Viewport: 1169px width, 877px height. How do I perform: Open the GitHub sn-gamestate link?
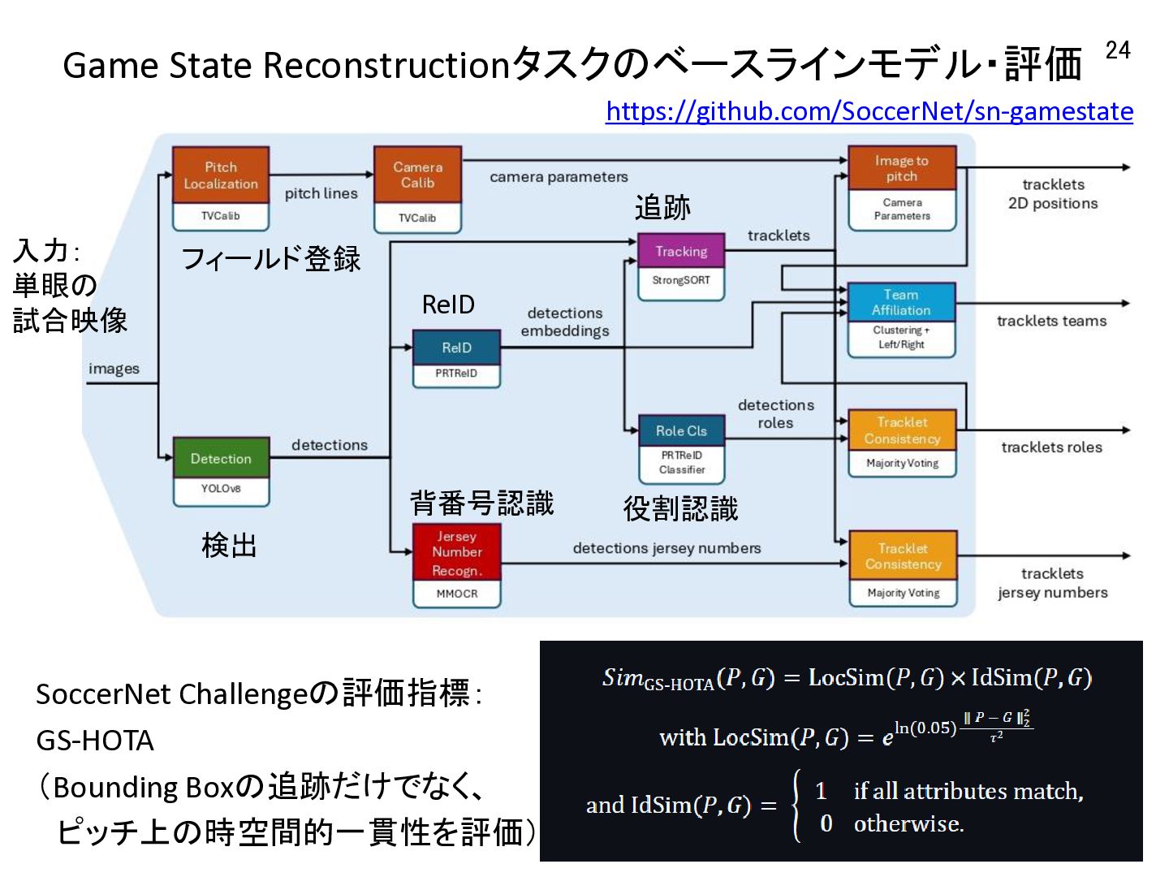tap(869, 111)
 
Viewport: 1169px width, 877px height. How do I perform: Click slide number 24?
tap(1118, 50)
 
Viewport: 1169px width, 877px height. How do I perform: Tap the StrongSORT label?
tap(681, 280)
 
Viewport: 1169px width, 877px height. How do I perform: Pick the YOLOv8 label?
tap(221, 488)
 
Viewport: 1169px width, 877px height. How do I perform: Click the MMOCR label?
tap(457, 593)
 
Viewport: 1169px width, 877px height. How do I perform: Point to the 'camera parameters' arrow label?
tap(559, 177)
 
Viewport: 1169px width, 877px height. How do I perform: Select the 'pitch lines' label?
tap(321, 193)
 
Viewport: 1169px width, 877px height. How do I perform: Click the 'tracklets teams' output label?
tap(1052, 321)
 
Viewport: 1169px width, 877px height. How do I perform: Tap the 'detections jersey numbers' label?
tap(666, 548)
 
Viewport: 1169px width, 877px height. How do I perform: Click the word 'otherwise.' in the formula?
tap(909, 823)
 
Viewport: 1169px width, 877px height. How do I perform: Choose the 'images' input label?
tap(114, 369)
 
